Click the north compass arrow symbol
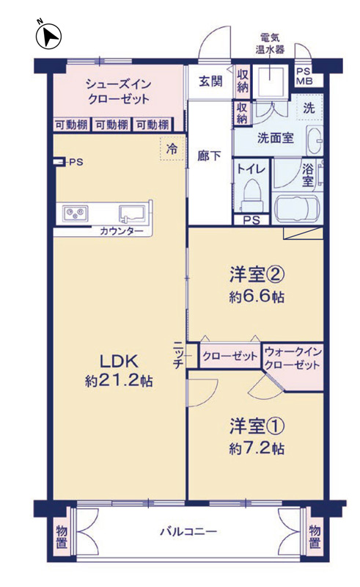point(48,35)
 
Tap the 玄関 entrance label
point(210,81)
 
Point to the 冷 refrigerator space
point(172,149)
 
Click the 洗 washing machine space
point(309,108)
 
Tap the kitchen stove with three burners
point(76,214)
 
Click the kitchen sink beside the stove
point(132,214)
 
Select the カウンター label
point(121,231)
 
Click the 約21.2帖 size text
point(119,381)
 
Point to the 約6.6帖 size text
point(257,296)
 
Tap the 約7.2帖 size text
point(257,448)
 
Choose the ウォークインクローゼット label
point(293,358)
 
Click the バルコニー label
point(188,531)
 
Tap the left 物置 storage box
point(62,536)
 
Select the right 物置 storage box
point(315,536)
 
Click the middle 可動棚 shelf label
point(112,125)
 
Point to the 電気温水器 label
point(270,43)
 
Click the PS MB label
point(304,76)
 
